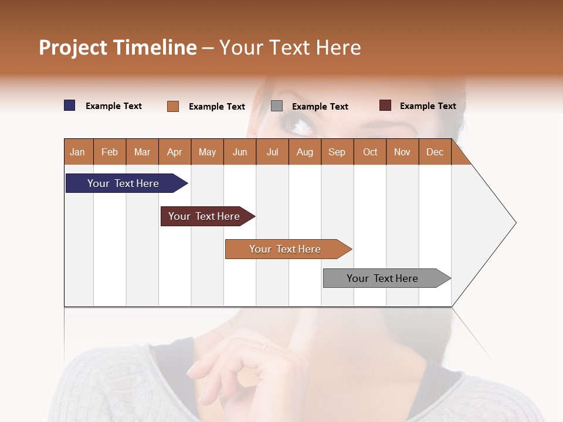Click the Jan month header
78,152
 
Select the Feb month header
110,152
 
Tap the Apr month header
175,152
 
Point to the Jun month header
240,152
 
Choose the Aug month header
305,152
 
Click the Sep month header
337,152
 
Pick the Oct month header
370,152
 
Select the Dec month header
435,152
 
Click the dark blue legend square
70,105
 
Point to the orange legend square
173,106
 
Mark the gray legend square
277,106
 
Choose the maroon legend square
385,105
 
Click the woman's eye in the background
297,125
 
